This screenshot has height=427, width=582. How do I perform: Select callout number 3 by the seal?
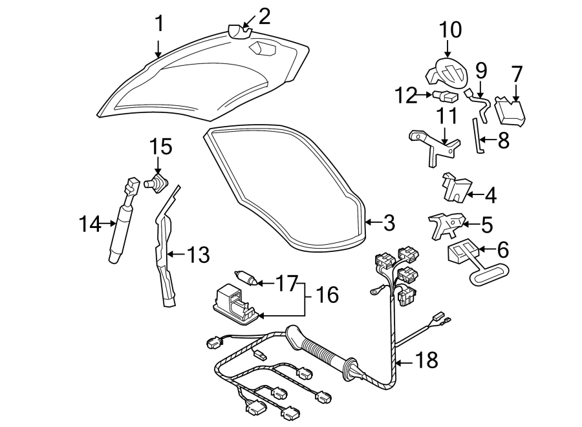tap(388, 223)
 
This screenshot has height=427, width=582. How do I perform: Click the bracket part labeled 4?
tap(454, 187)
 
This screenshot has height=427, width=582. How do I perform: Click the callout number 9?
tap(480, 68)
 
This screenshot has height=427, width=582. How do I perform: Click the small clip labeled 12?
tap(446, 98)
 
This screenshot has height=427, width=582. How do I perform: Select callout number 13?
tap(199, 255)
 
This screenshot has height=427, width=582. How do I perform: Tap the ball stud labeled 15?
tap(155, 183)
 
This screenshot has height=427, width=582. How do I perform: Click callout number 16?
tap(328, 295)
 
